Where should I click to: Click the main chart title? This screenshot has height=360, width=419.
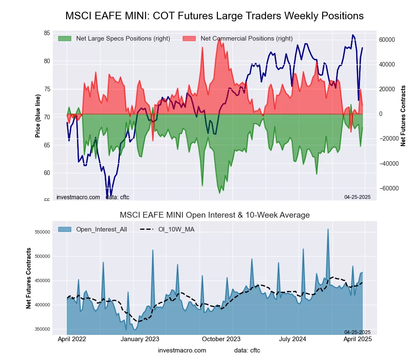tap(215, 16)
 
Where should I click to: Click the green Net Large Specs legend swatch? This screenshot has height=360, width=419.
tap(65, 39)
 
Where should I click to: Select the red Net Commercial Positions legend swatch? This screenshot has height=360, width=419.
tap(189, 39)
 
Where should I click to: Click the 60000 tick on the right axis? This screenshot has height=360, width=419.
tap(387, 40)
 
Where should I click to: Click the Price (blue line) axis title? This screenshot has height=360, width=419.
tap(38, 116)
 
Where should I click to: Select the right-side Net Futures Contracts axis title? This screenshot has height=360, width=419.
tap(403, 116)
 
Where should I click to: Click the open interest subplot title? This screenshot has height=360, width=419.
tap(215, 215)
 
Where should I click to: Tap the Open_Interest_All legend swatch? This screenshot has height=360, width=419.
tap(65, 229)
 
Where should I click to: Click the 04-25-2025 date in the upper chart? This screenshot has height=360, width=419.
tap(357, 197)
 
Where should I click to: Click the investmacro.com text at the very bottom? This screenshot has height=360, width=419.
tap(182, 350)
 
